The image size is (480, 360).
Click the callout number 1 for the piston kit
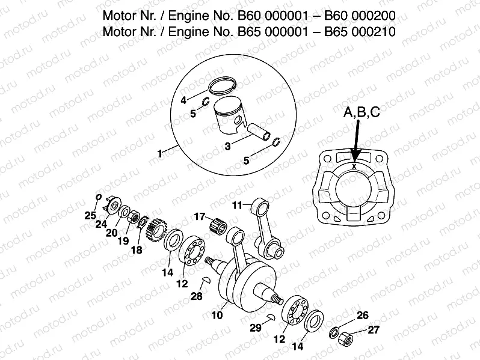(x=160, y=154)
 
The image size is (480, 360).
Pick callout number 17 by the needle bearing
(x=198, y=217)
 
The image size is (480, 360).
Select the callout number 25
(x=90, y=216)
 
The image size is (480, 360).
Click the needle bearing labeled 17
(x=220, y=227)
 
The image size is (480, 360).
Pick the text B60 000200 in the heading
(x=357, y=14)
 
